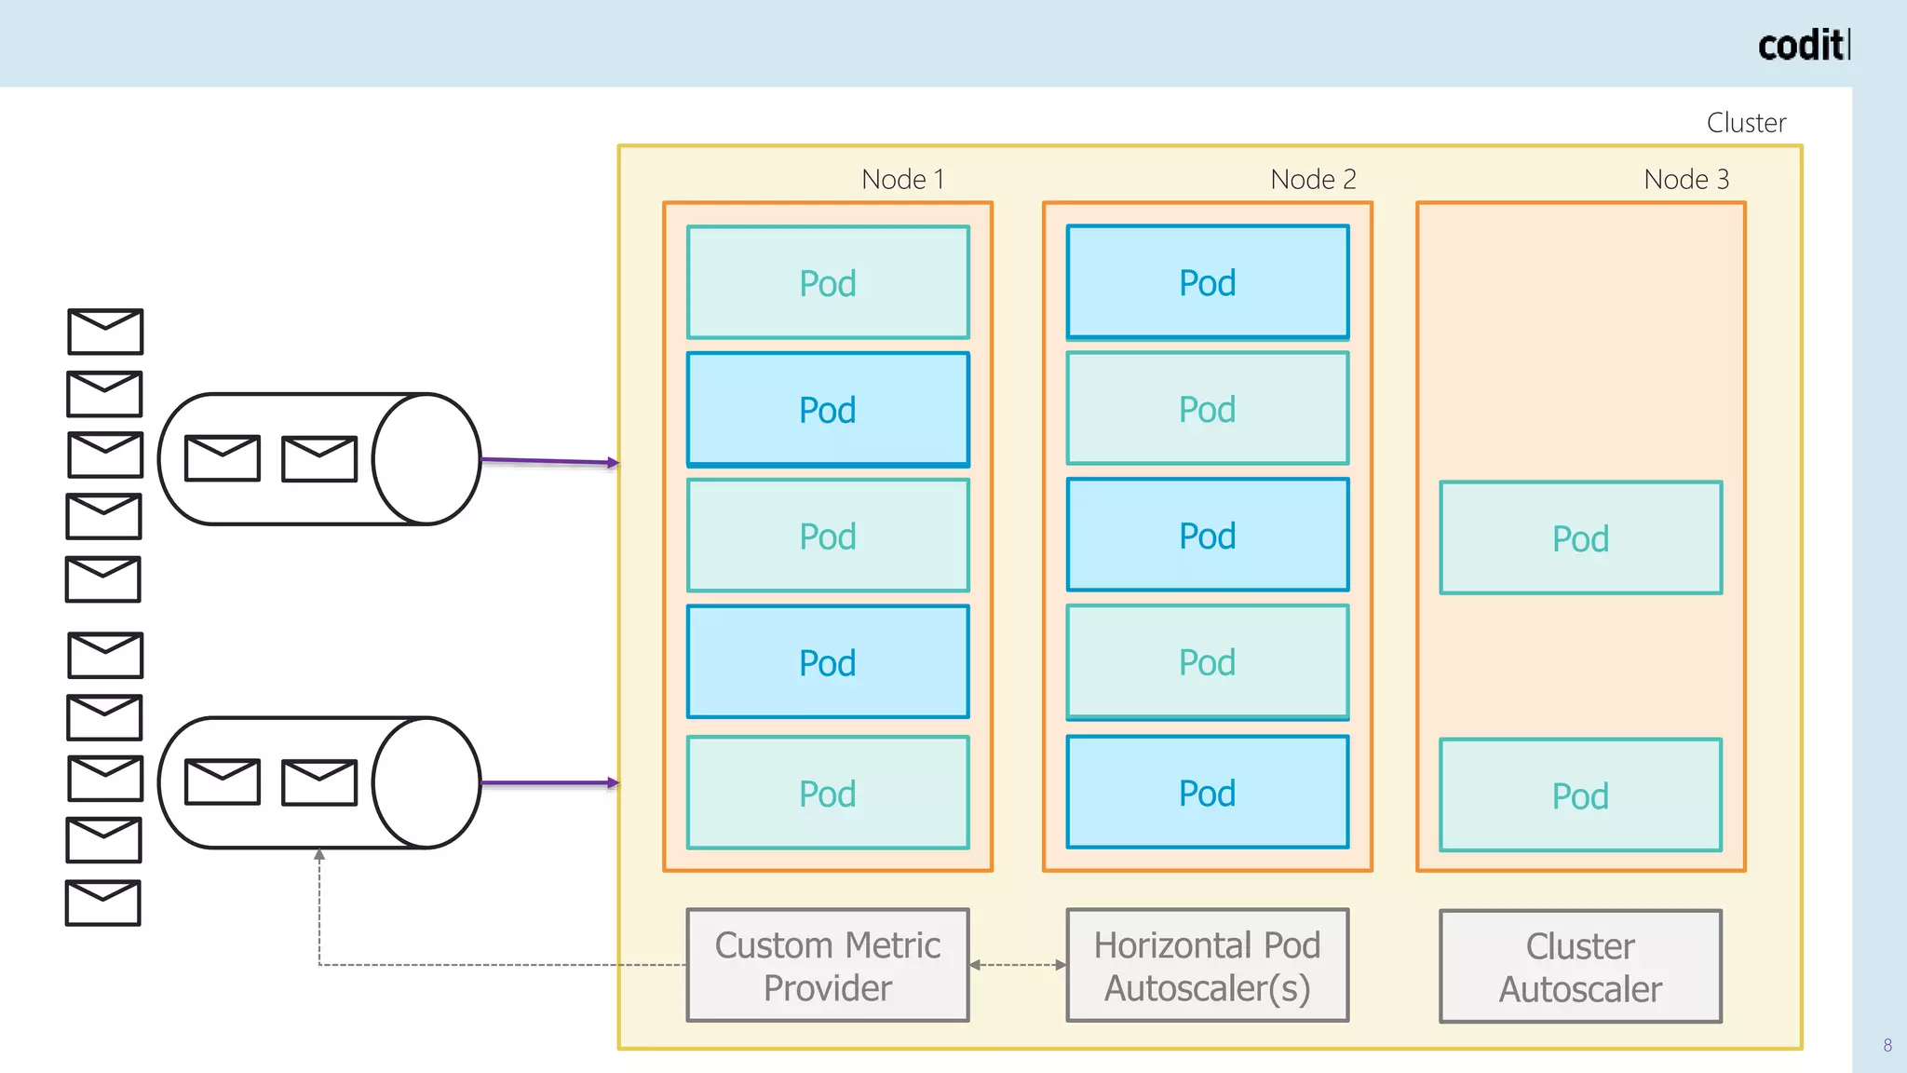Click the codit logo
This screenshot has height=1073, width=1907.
pyautogui.click(x=1802, y=46)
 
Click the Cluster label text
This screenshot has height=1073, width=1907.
pyautogui.click(x=1746, y=123)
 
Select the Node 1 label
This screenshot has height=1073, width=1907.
pyautogui.click(x=902, y=179)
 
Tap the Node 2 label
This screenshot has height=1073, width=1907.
pyautogui.click(x=1313, y=179)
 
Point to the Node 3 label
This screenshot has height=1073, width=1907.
pyautogui.click(x=1685, y=179)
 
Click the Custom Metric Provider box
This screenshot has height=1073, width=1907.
pyautogui.click(x=828, y=966)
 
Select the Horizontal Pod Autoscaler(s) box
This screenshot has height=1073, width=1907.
pyautogui.click(x=1207, y=966)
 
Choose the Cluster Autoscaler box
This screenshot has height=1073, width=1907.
pyautogui.click(x=1580, y=967)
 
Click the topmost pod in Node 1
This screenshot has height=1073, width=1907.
pyautogui.click(x=828, y=282)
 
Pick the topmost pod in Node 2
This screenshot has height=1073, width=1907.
pyautogui.click(x=1207, y=282)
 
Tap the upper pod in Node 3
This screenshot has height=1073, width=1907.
pyautogui.click(x=1580, y=538)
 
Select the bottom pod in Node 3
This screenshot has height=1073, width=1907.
pyautogui.click(x=1580, y=795)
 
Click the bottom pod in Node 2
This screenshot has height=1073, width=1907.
pyautogui.click(x=1207, y=793)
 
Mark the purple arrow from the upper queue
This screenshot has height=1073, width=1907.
pyautogui.click(x=549, y=460)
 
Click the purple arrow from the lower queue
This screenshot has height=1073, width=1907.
pyautogui.click(x=549, y=783)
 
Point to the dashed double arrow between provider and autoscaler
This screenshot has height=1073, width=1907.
pyautogui.click(x=1018, y=965)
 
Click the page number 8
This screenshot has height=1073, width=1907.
pyautogui.click(x=1887, y=1045)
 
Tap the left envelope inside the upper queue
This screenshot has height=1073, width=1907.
pyautogui.click(x=223, y=458)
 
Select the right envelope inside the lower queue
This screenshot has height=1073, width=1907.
pyautogui.click(x=319, y=782)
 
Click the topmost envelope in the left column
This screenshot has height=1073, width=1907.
pyautogui.click(x=105, y=332)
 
